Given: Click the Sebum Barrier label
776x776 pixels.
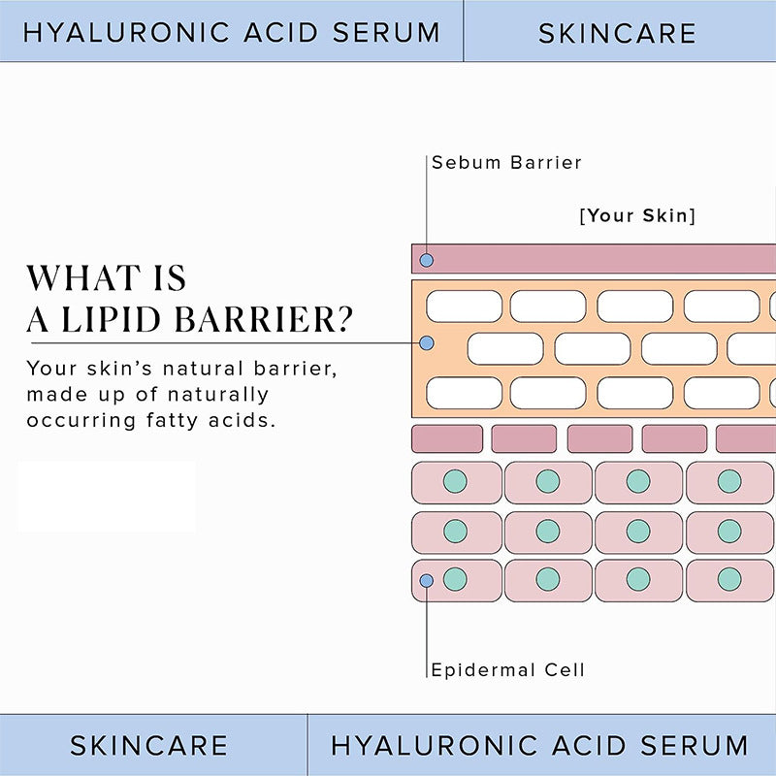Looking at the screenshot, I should coord(506,162).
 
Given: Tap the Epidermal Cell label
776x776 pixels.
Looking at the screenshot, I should coord(507,669).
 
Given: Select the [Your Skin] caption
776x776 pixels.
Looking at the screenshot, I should coord(637,215).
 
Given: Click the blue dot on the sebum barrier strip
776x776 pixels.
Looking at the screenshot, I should coord(426,260).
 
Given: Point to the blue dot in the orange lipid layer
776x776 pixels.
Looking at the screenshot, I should coord(426,343).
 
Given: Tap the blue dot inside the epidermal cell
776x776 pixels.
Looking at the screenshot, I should coord(426,580).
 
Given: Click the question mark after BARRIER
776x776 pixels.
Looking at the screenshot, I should coord(342,319).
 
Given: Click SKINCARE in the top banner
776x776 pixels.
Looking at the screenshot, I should coord(617,33).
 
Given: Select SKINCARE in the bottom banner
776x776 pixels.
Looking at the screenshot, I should coord(148,745).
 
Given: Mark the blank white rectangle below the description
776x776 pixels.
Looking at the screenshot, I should coord(107,496).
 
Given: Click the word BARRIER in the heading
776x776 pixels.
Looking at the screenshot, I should coord(251,319).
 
